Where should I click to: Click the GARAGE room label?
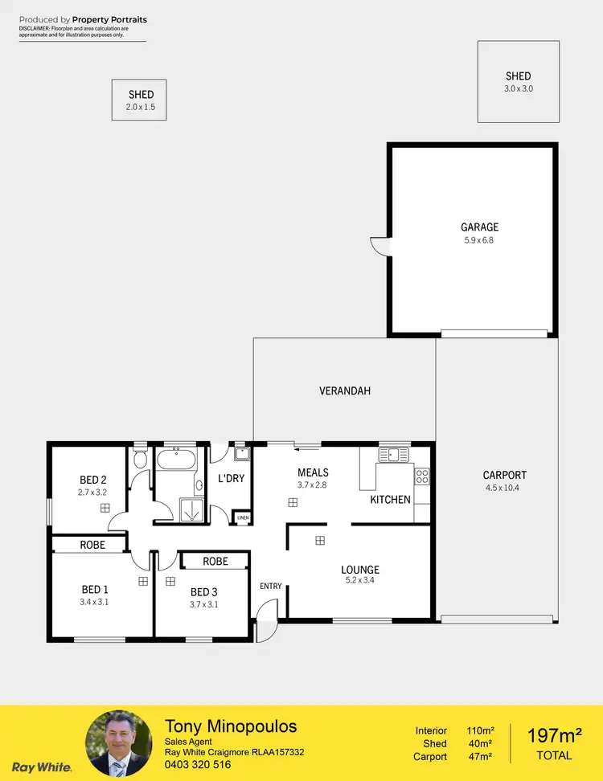click(479, 227)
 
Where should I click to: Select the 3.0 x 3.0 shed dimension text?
click(519, 89)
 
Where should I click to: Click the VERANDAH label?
click(345, 391)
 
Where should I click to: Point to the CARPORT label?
click(504, 475)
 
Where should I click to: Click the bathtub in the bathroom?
click(175, 461)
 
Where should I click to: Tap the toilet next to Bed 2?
click(140, 460)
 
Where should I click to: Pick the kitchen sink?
click(394, 455)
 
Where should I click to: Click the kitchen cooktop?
click(422, 476)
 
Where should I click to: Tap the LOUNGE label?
click(359, 570)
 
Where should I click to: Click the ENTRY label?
click(271, 586)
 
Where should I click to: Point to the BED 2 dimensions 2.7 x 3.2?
click(92, 492)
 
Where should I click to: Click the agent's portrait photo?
click(118, 744)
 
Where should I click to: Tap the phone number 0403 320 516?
click(198, 765)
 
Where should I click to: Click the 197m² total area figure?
click(555, 735)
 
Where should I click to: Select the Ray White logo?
click(41, 767)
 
